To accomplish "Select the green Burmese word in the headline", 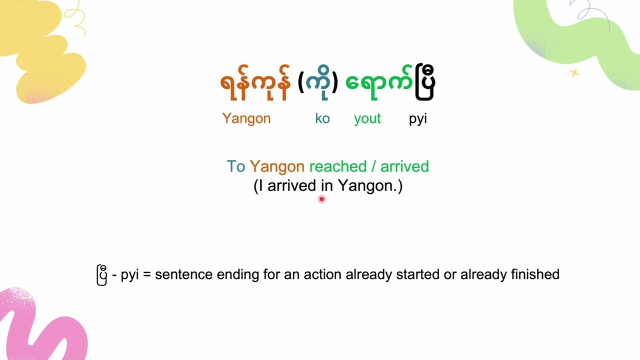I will pos(379,83).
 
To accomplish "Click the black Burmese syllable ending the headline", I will pos(424,83).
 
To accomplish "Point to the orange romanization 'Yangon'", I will pos(246,118).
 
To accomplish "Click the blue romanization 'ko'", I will pos(322,118).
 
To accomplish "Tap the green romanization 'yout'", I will pos(367,118).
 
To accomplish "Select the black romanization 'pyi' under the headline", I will pos(417,119).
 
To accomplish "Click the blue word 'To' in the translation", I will pos(235,166).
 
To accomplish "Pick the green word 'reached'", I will pos(337,166).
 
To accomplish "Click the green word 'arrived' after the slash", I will pos(404,166).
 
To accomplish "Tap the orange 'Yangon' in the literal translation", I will pos(277,167).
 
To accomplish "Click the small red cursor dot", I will pos(321,199).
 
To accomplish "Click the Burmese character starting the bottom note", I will pos(101,275).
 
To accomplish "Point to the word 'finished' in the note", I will pos(535,274).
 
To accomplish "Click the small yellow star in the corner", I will pos(574,73).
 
